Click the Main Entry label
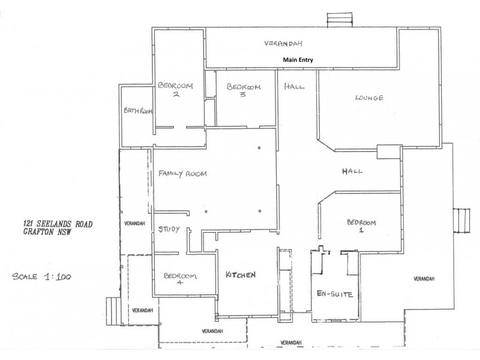(x=299, y=60)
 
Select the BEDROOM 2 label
(x=175, y=90)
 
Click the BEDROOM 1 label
(x=361, y=226)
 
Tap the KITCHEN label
(x=241, y=275)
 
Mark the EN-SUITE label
(x=334, y=294)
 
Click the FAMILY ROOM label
(x=182, y=174)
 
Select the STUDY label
(x=169, y=229)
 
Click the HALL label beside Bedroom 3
(x=294, y=86)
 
